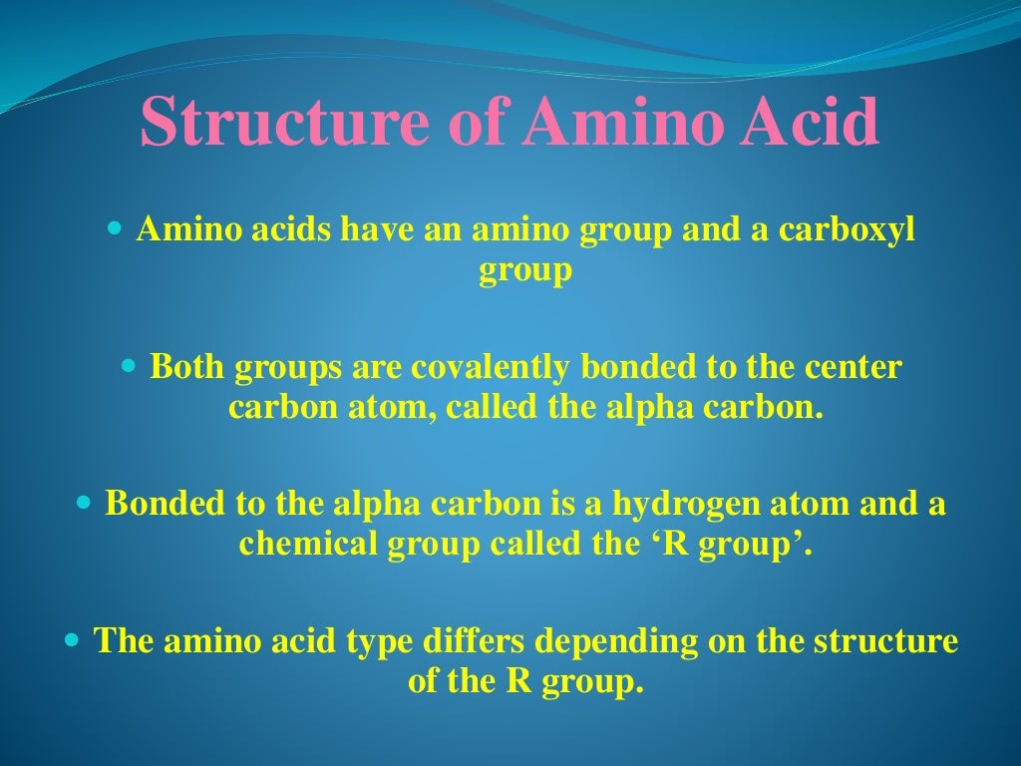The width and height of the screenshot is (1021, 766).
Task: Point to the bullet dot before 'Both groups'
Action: coord(128,366)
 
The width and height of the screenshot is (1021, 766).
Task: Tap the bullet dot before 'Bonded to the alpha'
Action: coord(84,501)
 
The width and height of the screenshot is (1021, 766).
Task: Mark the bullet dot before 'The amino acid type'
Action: coord(71,639)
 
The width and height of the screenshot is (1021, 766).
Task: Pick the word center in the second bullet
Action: coord(851,367)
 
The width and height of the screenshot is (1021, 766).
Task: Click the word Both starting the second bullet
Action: coord(187,367)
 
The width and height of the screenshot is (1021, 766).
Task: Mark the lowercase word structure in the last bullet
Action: coord(885,640)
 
